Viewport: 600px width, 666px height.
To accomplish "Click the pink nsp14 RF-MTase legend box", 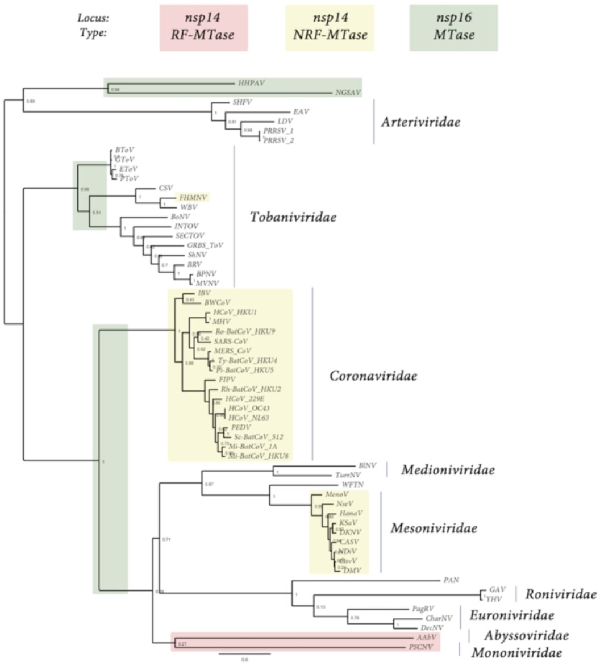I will pyautogui.click(x=205, y=28).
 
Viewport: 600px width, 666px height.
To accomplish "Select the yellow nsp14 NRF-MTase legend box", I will pyautogui.click(x=330, y=28).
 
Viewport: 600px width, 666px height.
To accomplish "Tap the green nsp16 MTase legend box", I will pyautogui.click(x=453, y=28).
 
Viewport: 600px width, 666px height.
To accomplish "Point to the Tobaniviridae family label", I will pyautogui.click(x=293, y=217).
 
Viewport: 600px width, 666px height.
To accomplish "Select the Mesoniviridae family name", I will pyautogui.click(x=434, y=528).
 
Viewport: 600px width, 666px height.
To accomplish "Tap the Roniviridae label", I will pyautogui.click(x=560, y=594).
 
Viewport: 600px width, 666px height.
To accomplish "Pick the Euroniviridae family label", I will pyautogui.click(x=511, y=615).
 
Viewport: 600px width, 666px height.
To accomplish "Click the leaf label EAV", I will pyautogui.click(x=301, y=111).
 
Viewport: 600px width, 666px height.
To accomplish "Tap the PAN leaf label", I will pyautogui.click(x=451, y=580).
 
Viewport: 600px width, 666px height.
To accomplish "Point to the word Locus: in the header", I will pyautogui.click(x=93, y=18).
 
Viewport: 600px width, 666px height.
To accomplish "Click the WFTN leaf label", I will pyautogui.click(x=352, y=484).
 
